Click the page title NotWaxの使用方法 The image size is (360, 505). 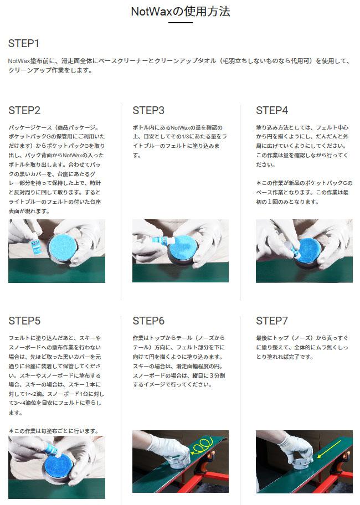click(181, 12)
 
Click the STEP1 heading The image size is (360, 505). click(23, 44)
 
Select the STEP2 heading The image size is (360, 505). click(24, 111)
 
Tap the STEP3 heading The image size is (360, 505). click(148, 111)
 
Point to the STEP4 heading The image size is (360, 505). click(272, 111)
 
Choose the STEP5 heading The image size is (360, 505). click(24, 321)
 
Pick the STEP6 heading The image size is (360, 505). click(148, 321)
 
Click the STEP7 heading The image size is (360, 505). click(272, 321)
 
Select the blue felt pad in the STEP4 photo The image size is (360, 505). click(306, 251)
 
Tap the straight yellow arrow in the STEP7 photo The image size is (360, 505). click(329, 449)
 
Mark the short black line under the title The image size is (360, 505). click(181, 23)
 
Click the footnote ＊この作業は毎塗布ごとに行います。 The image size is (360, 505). click(54, 431)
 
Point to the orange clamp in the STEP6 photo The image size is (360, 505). click(212, 458)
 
